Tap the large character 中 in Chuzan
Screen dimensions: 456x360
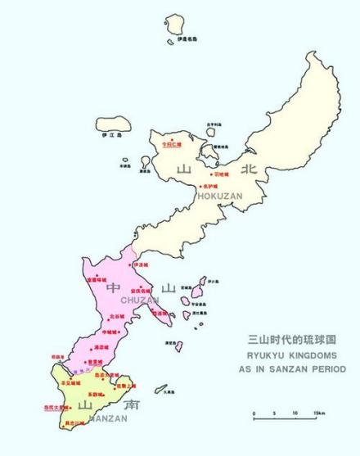pos(114,288)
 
